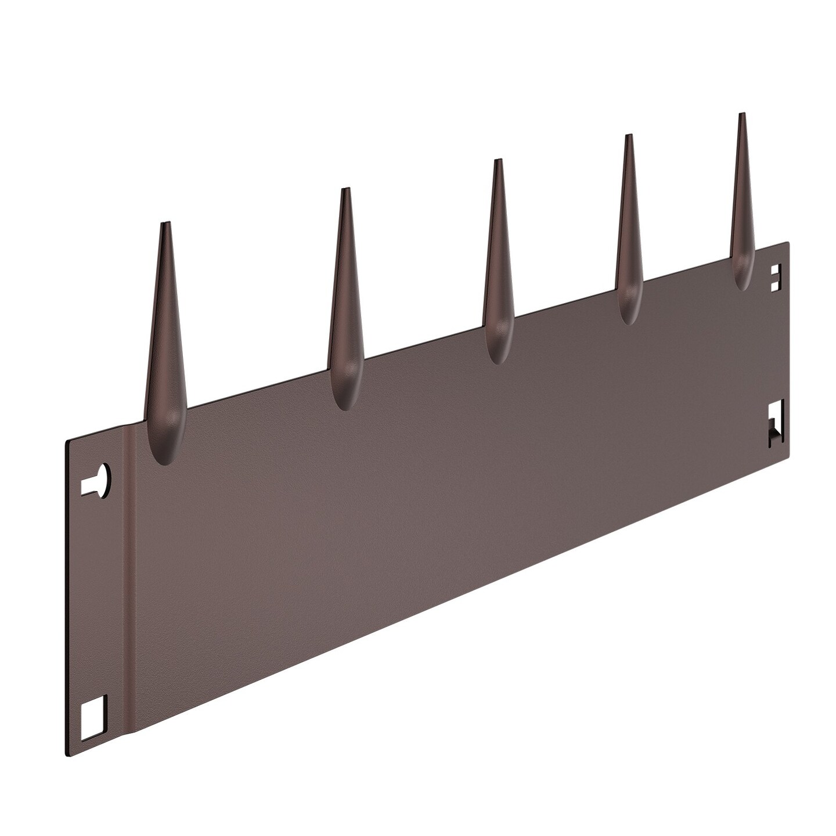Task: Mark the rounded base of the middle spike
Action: pos(497,351)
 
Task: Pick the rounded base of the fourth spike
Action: pos(629,313)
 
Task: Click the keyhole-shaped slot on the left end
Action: pos(100,481)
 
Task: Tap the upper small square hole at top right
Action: pos(775,270)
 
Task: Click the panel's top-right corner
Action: pos(788,242)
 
